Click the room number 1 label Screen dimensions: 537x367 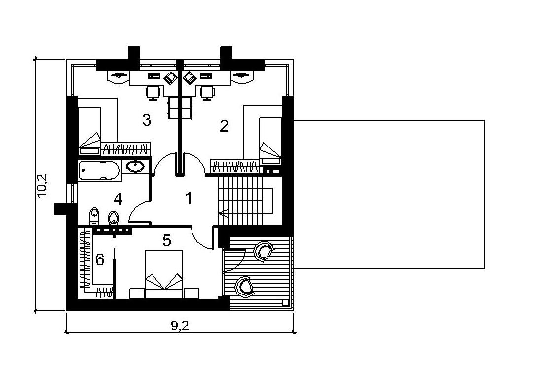tap(189, 198)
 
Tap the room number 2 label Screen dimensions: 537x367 tap(224, 126)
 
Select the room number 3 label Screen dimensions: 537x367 tap(147, 120)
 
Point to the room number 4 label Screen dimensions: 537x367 tap(118, 199)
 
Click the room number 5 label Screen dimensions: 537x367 tap(167, 241)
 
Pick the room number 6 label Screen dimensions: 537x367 tap(100, 260)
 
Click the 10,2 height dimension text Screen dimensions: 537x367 tap(43, 185)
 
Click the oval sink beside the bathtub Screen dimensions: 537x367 tap(135, 166)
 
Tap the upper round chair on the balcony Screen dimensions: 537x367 tap(264, 251)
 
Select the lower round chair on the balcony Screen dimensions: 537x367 tap(245, 286)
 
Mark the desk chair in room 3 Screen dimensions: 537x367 tap(153, 92)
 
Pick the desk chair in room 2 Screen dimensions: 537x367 tap(207, 92)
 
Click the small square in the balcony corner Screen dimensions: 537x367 tap(285, 302)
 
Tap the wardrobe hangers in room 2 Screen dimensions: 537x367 tap(235, 166)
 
